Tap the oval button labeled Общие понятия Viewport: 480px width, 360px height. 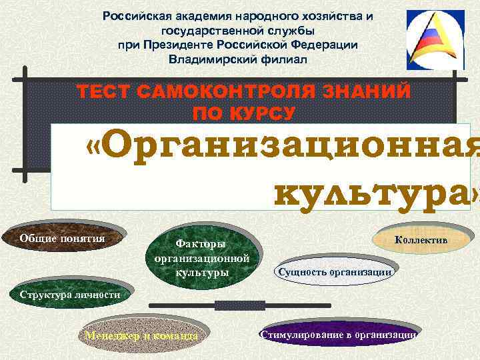[63, 240]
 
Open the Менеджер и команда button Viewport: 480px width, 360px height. [141, 335]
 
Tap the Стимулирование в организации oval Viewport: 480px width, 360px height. [339, 335]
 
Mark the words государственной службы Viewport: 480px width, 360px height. [237, 30]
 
